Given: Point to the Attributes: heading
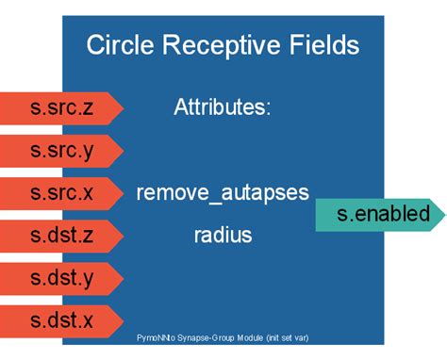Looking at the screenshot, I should click(x=223, y=107).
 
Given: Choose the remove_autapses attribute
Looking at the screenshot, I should click(x=223, y=192).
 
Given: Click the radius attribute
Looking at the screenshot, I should click(x=223, y=235).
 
